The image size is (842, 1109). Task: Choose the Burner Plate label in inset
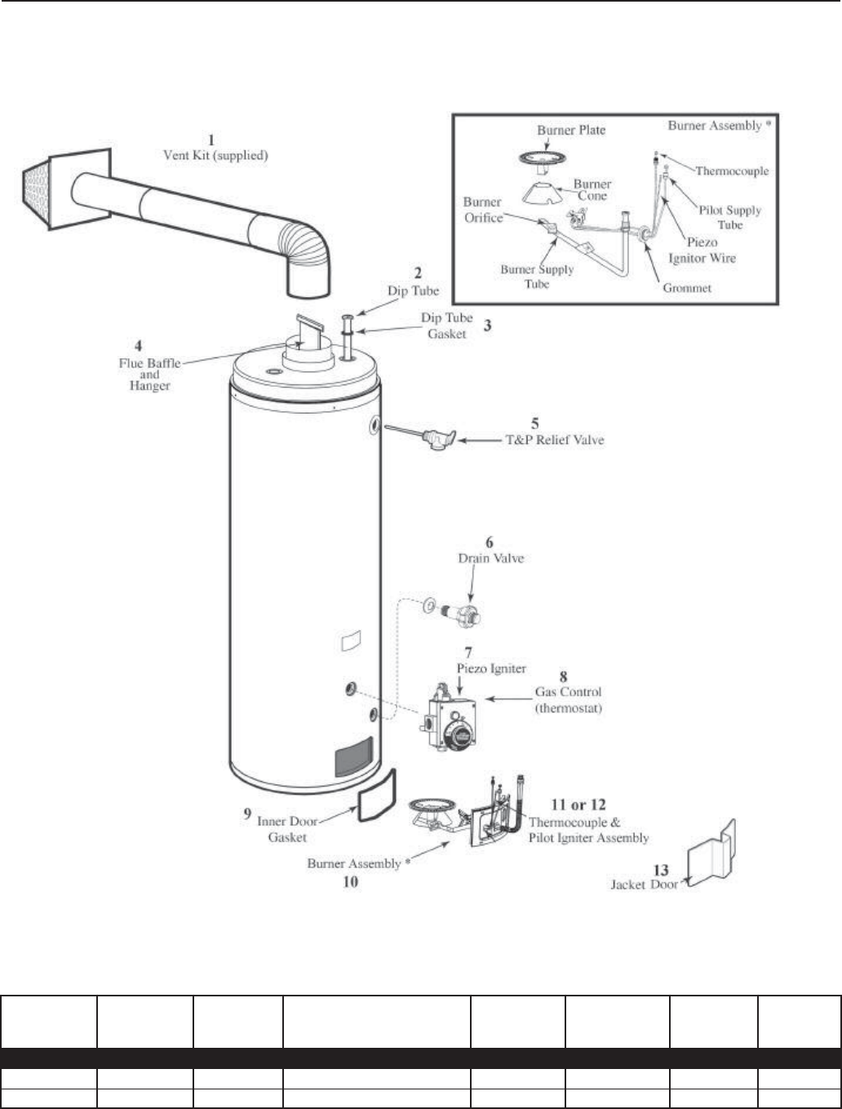click(x=571, y=131)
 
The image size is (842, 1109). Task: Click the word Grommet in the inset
click(x=688, y=288)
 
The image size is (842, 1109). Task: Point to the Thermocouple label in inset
click(x=732, y=171)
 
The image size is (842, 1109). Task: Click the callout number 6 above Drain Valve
click(x=489, y=543)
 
